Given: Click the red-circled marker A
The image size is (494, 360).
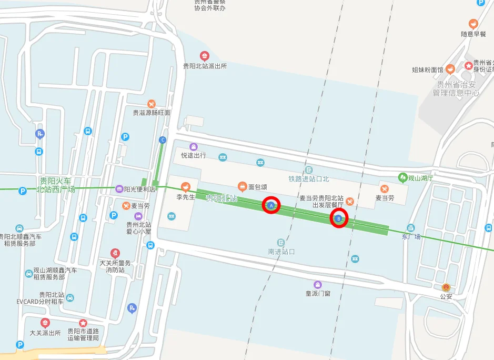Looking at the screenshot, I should [271, 205].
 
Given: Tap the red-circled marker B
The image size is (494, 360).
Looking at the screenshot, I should [339, 218].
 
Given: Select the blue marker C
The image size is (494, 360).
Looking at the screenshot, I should [163, 140].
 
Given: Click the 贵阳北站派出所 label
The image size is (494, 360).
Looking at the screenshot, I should [205, 66].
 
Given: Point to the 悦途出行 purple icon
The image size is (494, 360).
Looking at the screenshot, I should [194, 146].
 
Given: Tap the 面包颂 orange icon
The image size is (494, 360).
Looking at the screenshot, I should [242, 186].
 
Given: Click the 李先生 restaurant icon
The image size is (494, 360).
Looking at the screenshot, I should [185, 186].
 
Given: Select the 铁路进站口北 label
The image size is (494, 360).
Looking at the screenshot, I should [308, 179].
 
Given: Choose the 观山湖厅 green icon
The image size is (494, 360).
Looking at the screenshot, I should [403, 177].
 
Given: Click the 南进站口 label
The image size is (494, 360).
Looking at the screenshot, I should [281, 252].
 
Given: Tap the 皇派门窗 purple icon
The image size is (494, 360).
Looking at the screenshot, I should [318, 284].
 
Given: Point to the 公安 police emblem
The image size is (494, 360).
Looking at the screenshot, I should [446, 287].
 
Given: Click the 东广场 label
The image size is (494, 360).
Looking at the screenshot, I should [411, 236].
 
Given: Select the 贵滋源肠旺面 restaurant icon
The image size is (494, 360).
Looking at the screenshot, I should [152, 104].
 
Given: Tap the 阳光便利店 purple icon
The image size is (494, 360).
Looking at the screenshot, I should [119, 189].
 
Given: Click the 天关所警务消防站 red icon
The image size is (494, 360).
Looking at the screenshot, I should [115, 253].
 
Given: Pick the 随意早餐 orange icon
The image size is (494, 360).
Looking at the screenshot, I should [473, 24].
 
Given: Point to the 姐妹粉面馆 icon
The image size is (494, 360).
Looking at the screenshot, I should [450, 69].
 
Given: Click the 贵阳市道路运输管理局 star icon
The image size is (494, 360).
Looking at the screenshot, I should [83, 323].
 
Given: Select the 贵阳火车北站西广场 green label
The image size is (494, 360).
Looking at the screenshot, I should [56, 185].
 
